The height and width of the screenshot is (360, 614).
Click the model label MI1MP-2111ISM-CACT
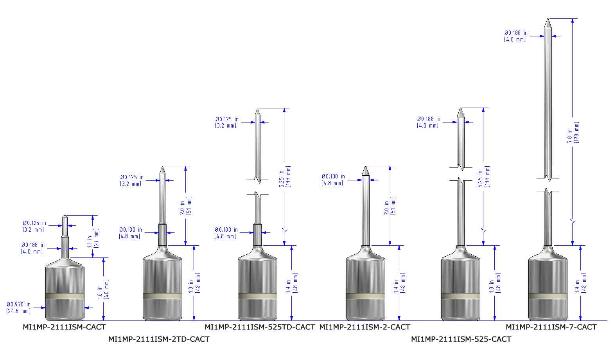coord(64,327)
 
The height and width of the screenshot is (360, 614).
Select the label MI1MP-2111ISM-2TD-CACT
coord(159,339)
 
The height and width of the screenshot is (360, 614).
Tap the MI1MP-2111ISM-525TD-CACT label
coord(260,327)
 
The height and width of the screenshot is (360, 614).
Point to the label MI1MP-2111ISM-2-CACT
coord(364,327)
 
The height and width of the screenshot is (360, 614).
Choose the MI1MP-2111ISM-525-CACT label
coord(461,339)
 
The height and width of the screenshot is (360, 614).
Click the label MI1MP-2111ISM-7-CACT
coord(551,327)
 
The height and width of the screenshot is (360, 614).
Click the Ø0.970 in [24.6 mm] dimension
coord(19,308)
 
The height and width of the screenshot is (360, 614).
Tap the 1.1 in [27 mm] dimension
coord(93,238)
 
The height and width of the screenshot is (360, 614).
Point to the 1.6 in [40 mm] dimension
coord(103,289)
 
